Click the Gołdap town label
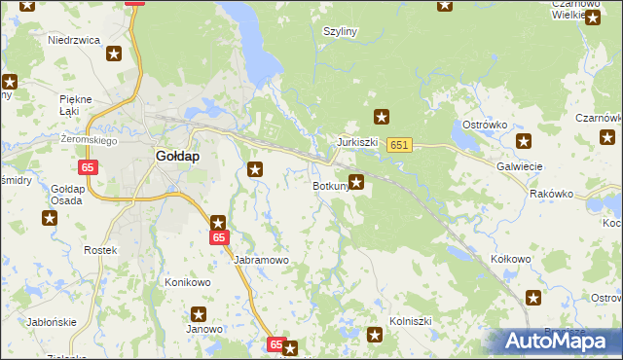tap(178, 156)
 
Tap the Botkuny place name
tap(331, 186)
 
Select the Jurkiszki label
tap(357, 142)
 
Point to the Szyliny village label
tap(341, 31)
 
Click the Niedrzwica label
tap(76, 41)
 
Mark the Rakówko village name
tap(552, 194)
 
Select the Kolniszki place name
tap(410, 319)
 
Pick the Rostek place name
tap(100, 250)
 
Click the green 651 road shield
tap(398, 145)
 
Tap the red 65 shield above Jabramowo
tap(219, 237)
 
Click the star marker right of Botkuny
tap(357, 181)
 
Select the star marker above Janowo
tap(199, 313)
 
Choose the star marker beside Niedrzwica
tap(114, 54)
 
